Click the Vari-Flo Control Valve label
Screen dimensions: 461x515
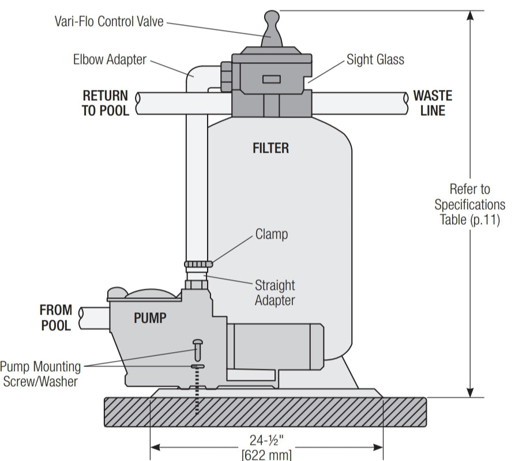pos(109,22)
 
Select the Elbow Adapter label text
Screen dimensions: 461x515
pos(110,59)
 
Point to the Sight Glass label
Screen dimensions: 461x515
pos(375,59)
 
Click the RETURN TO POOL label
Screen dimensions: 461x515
pos(105,103)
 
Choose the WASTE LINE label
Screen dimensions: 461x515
pos(433,103)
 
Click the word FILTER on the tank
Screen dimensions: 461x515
pos(270,148)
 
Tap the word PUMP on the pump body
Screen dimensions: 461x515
pos(151,318)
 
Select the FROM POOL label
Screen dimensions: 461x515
pos(55,318)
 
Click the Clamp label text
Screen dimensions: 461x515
pos(271,235)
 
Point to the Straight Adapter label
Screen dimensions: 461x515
pos(275,293)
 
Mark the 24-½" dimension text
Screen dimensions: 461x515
pos(266,440)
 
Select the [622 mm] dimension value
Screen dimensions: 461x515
pos(266,455)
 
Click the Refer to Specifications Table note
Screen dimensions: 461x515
pos(469,204)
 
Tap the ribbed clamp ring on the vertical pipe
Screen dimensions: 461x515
pos(198,264)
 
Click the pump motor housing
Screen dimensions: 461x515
pos(277,346)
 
